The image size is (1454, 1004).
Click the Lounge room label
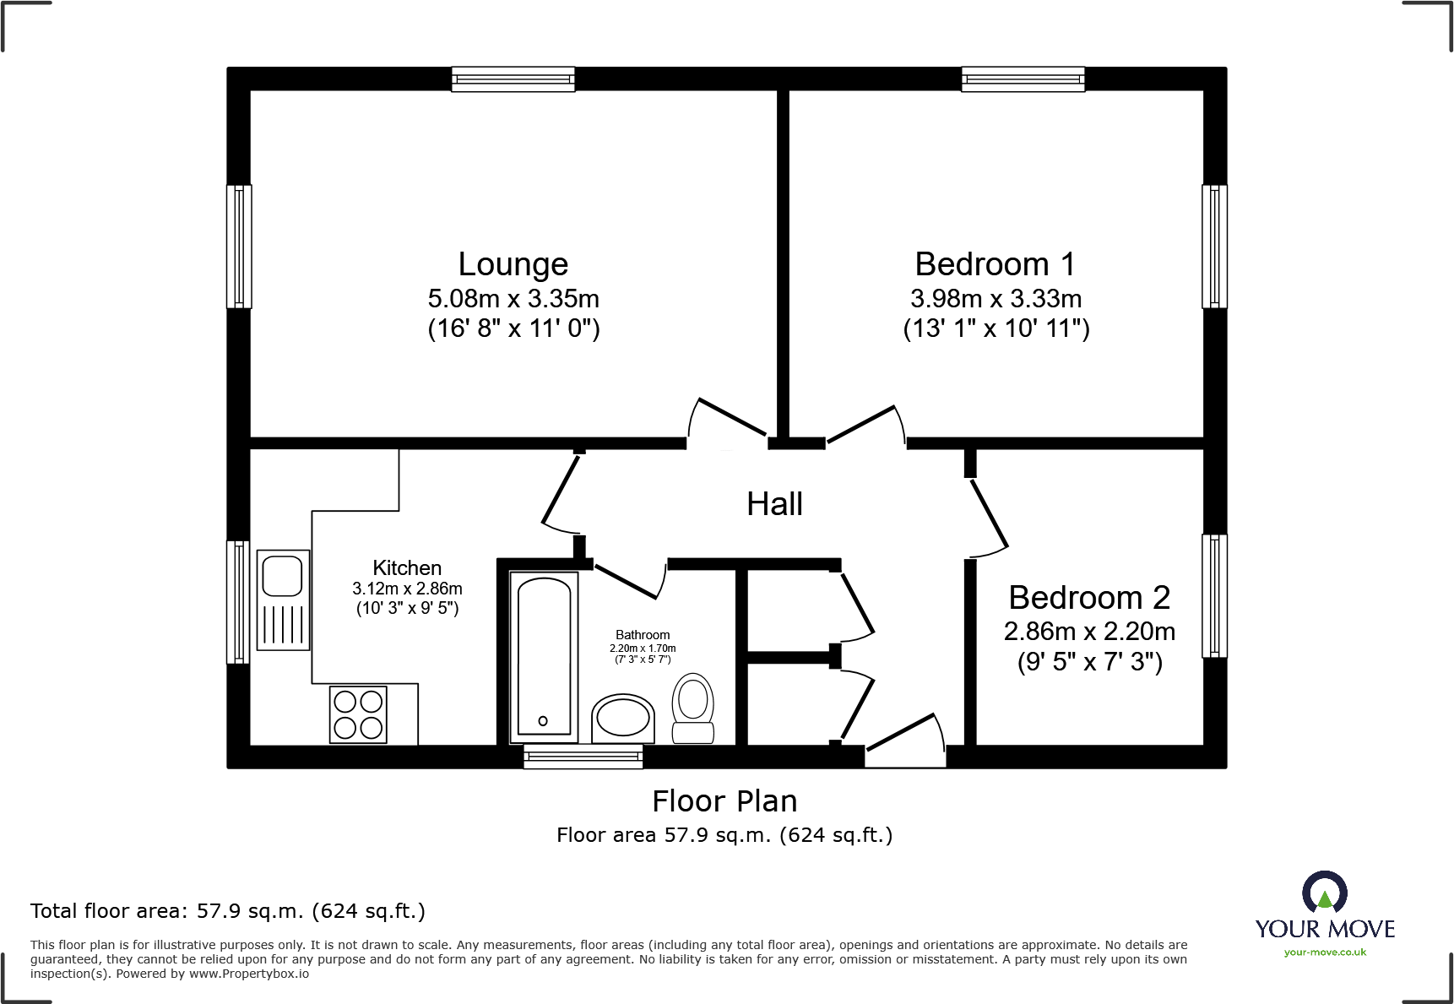[x=513, y=264]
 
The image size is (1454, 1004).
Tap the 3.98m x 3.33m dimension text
[x=996, y=299]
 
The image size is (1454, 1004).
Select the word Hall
[x=774, y=504]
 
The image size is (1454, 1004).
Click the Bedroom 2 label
[x=1089, y=598]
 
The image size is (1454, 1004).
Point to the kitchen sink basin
[x=283, y=577]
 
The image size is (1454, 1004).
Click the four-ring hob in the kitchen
[x=358, y=714]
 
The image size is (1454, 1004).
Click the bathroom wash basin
[x=623, y=719]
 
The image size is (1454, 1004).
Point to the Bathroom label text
[x=643, y=635]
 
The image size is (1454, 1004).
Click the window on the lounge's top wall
[x=513, y=79]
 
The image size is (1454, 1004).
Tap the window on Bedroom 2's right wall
[x=1214, y=595]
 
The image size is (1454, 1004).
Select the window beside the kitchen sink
[x=239, y=601]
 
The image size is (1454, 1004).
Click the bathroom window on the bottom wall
[x=583, y=756]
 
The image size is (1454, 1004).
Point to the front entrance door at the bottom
[x=904, y=743]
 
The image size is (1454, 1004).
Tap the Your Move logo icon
[x=1324, y=892]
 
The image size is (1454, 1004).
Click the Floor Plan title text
[x=724, y=801]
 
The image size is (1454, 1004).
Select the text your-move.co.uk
[x=1325, y=952]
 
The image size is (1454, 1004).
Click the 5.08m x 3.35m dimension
[x=513, y=299]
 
